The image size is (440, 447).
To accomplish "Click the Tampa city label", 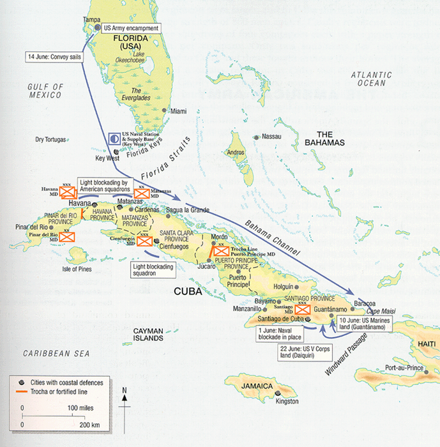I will point(93,20).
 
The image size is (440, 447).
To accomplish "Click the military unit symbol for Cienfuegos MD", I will point(144,241).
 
